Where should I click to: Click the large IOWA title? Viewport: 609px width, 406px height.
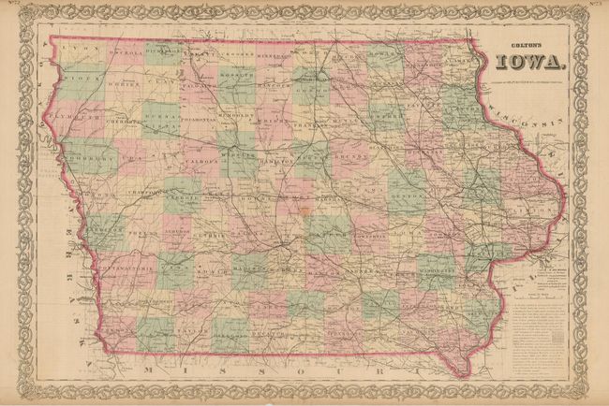530,64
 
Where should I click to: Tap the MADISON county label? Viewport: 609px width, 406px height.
247,272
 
